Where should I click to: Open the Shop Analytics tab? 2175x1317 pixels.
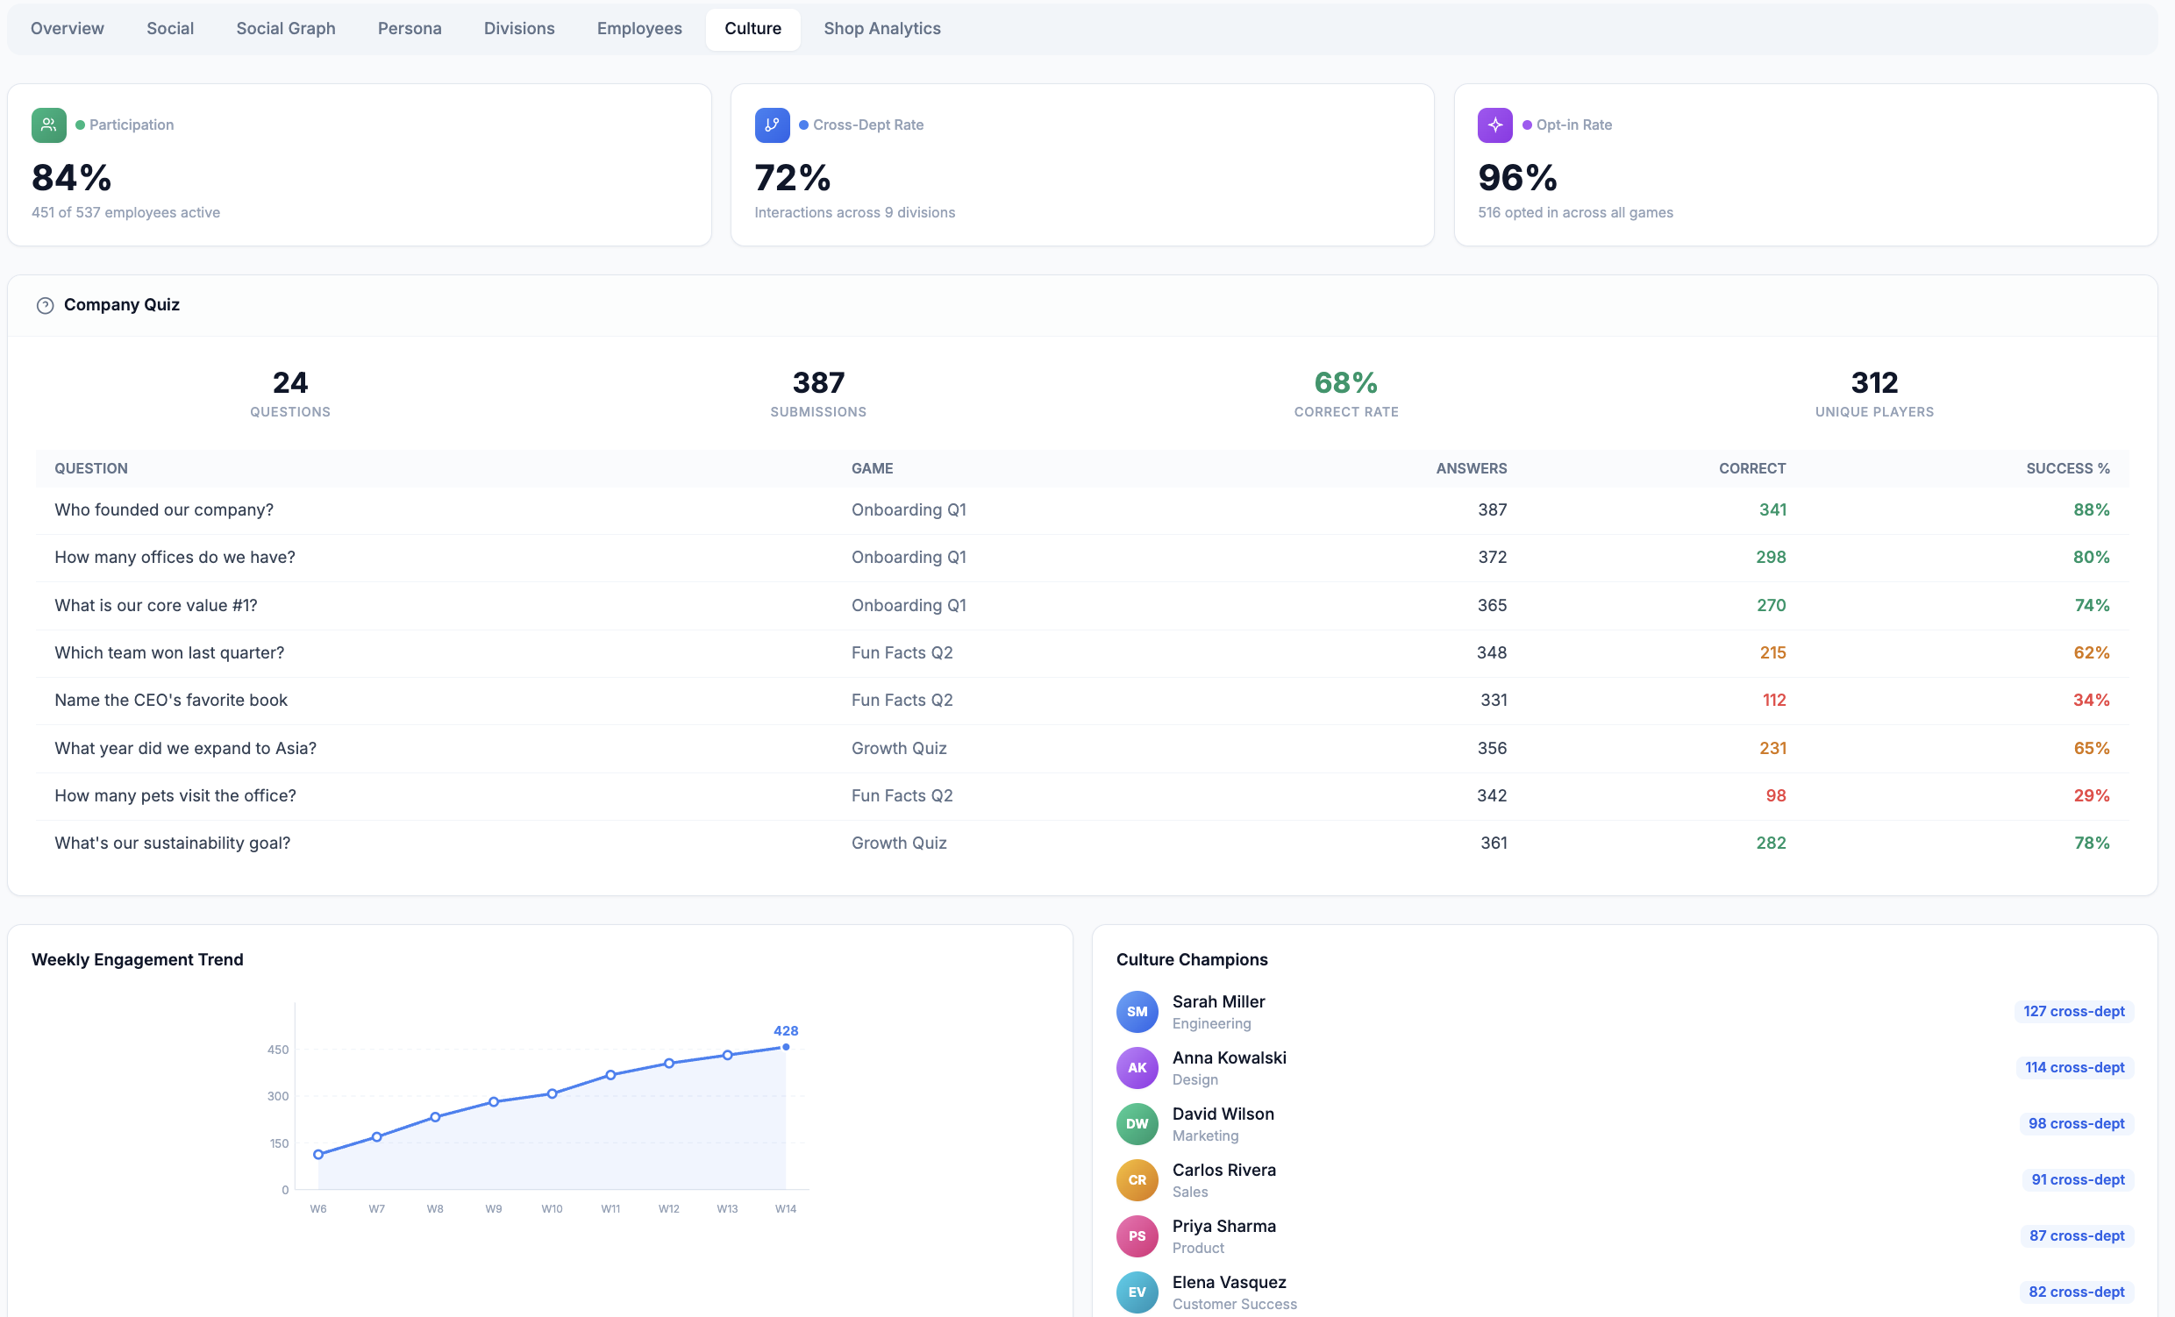tap(881, 28)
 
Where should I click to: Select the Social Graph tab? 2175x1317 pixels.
tap(285, 28)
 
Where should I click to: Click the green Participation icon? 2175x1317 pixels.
tap(48, 125)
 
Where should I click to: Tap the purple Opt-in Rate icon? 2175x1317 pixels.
tap(1494, 125)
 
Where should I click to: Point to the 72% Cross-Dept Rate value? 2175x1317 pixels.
tap(792, 177)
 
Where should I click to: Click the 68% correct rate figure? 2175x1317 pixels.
tap(1345, 382)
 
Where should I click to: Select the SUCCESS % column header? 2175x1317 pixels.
tap(2067, 468)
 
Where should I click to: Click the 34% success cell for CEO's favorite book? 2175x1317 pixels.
tap(2091, 700)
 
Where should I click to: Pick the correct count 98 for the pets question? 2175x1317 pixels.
tap(1775, 795)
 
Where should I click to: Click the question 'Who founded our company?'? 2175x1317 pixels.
tap(164, 509)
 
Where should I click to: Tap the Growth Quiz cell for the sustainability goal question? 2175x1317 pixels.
tap(899, 843)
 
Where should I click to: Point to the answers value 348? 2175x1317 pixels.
tap(1492, 652)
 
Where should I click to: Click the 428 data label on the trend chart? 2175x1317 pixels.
tap(786, 1030)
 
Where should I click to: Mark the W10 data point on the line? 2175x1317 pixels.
tap(552, 1093)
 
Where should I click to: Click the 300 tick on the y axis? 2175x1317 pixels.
tap(278, 1095)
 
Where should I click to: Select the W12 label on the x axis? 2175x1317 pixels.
tap(668, 1208)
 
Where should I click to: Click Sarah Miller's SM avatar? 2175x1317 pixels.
tap(1137, 1012)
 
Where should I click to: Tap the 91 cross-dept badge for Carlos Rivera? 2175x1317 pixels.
tap(2077, 1179)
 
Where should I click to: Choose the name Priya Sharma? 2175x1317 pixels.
tap(1223, 1225)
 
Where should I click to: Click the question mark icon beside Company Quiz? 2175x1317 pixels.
tap(45, 305)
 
